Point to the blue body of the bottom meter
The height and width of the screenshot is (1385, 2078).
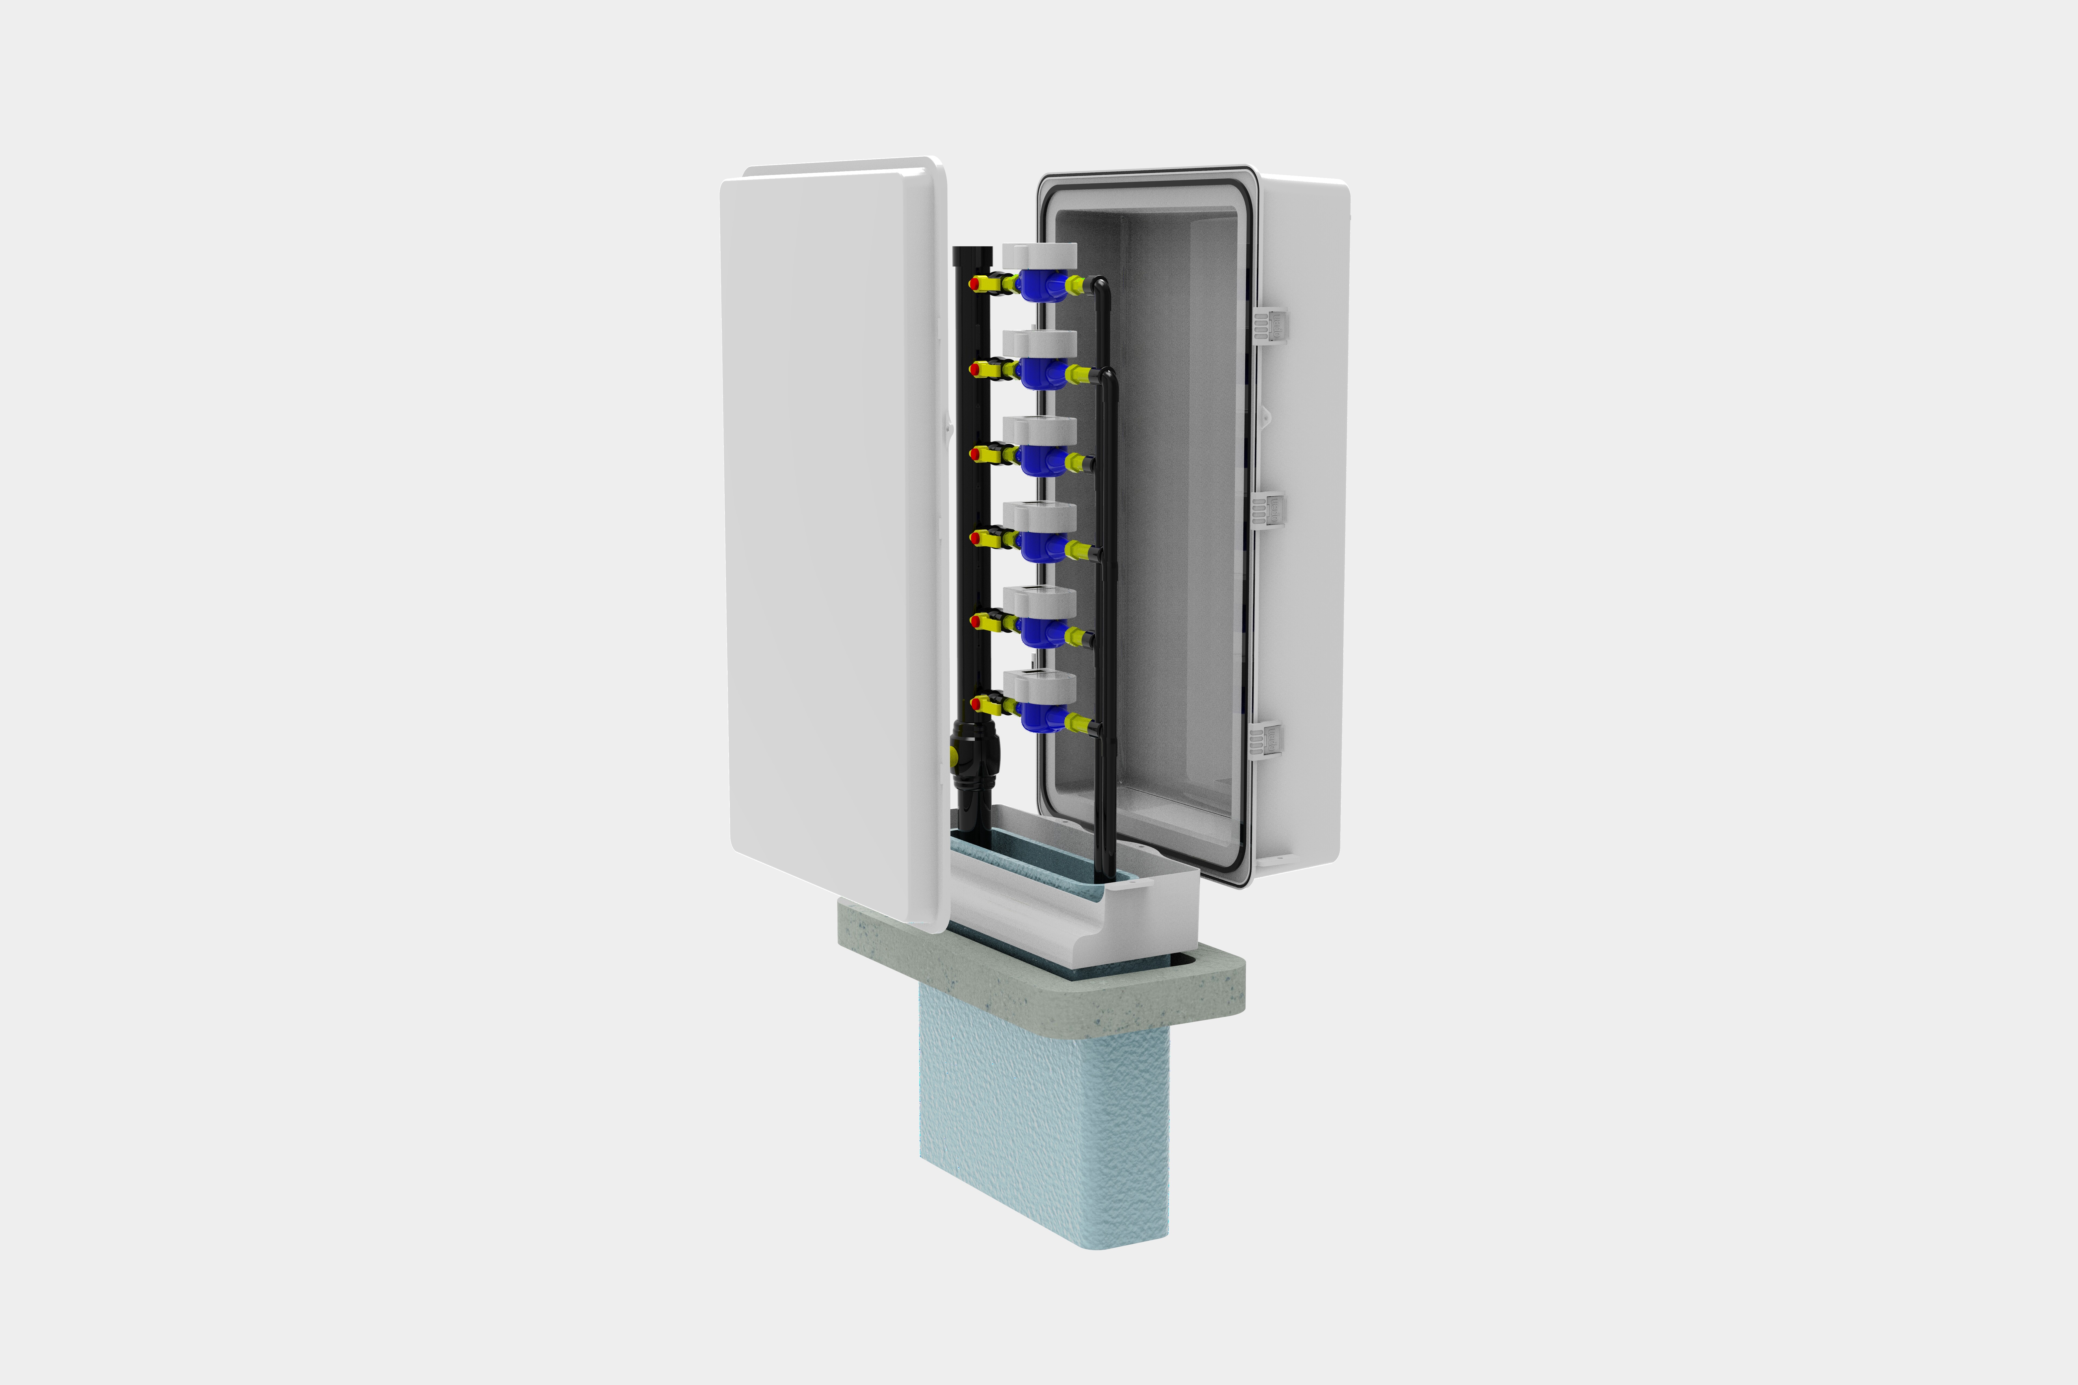(1043, 715)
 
